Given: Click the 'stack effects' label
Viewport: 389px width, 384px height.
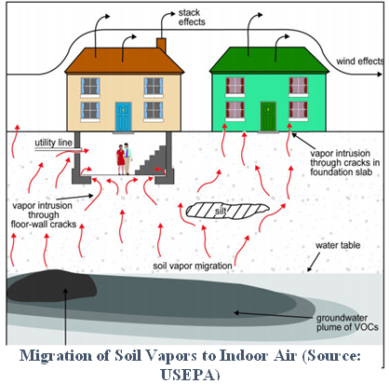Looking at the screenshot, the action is pos(192,18).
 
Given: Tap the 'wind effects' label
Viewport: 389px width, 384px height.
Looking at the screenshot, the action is pos(360,62).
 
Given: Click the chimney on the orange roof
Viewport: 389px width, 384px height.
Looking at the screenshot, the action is pos(161,46).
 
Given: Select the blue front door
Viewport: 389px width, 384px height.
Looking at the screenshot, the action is pos(124,117).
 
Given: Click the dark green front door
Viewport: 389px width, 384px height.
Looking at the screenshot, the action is pos(268,117).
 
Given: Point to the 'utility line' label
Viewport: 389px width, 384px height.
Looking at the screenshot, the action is pos(53,143).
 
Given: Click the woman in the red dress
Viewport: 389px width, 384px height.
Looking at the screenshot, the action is pos(120,159).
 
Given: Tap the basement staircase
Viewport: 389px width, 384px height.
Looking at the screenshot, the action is pos(152,159).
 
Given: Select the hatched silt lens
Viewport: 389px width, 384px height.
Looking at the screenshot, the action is pos(227,211).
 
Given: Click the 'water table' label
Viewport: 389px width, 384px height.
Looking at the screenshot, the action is pos(338,245).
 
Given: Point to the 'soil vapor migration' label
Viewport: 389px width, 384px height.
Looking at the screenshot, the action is pos(193,266).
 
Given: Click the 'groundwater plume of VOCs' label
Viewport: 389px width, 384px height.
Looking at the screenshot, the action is pos(347,322).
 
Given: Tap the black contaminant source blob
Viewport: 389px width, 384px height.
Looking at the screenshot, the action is pos(51,286).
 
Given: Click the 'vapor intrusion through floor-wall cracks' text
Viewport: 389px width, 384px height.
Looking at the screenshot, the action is pos(44,214).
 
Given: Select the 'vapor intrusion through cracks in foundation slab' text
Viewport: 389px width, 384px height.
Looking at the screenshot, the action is pos(344,162).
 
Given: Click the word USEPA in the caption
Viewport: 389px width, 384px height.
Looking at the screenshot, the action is pos(190,375).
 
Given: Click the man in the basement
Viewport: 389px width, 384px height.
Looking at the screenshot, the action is pos(127,158).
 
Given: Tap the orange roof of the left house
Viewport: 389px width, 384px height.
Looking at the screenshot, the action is pos(125,61).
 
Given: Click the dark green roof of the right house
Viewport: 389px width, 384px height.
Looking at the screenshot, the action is pos(269,60).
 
